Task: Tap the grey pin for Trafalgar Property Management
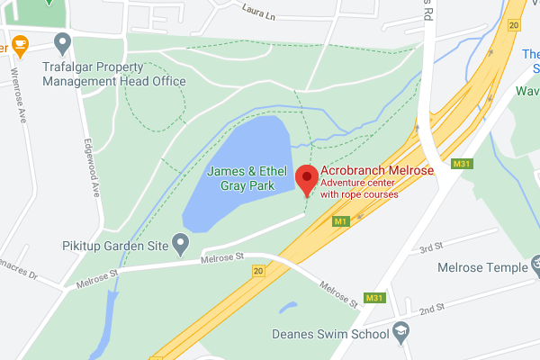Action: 62,41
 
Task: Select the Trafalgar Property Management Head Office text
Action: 114,74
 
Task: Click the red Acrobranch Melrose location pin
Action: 307,177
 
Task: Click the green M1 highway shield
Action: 340,220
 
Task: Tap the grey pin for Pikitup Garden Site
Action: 181,242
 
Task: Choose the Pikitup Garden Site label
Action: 113,243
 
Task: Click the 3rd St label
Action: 431,247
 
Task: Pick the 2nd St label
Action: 433,309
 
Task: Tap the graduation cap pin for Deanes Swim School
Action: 400,333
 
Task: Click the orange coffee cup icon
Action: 19,42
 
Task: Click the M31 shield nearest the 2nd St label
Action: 374,297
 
